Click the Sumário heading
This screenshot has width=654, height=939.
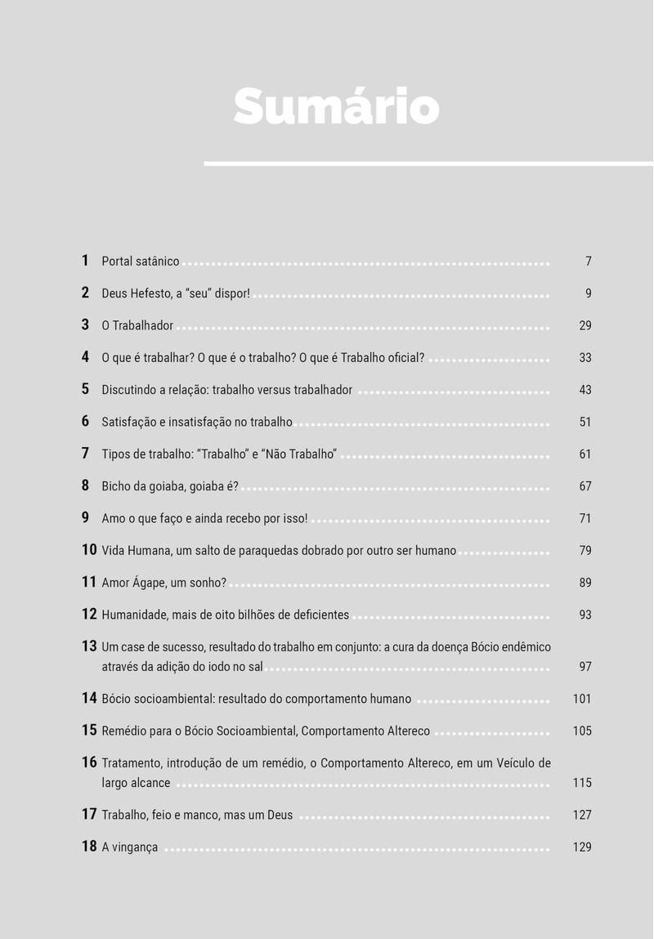click(x=336, y=107)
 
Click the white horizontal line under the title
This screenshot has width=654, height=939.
click(x=428, y=163)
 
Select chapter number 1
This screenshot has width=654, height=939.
click(x=85, y=261)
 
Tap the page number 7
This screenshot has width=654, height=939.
click(x=588, y=262)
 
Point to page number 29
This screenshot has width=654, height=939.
click(x=585, y=325)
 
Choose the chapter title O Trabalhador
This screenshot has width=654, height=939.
click(x=137, y=325)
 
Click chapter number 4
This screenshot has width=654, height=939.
click(x=85, y=357)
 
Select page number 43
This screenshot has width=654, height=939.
click(x=585, y=390)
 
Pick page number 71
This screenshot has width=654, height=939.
click(x=585, y=518)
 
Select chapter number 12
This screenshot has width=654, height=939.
click(x=89, y=614)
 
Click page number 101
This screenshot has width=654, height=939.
click(x=582, y=699)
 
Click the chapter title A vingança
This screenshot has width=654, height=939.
click(x=129, y=847)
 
